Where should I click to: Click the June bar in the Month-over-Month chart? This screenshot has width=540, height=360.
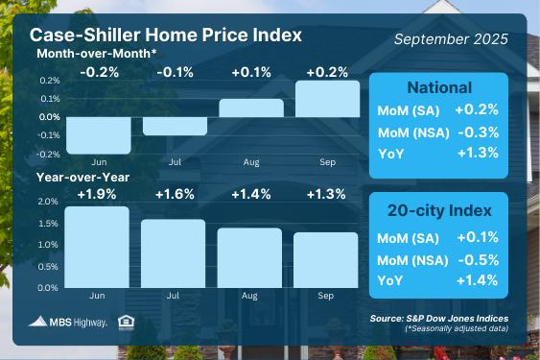coord(99,135)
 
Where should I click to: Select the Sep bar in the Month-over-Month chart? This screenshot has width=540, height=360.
coord(327,99)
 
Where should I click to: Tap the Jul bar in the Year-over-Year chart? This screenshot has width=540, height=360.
coord(174,253)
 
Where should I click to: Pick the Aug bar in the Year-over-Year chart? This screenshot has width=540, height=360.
coord(249,257)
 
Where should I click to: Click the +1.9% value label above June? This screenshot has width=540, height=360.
coord(97,194)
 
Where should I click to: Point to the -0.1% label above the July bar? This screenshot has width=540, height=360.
coord(175,72)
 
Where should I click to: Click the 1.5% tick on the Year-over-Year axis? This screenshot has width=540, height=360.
coord(48,224)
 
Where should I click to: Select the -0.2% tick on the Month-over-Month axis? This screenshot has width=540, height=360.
coord(48,155)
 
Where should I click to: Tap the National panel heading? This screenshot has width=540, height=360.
coord(439,87)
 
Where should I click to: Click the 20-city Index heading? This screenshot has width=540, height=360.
coord(439,210)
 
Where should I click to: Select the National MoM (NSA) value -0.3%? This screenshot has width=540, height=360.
coord(479,132)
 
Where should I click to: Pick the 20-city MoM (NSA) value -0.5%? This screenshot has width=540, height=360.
coord(479,260)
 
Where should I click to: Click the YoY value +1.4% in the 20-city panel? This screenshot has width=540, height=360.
coord(478,280)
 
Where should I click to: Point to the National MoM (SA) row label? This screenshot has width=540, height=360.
coord(409,111)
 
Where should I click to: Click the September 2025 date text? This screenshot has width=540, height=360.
coord(451,39)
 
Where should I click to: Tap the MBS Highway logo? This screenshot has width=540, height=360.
coord(67,322)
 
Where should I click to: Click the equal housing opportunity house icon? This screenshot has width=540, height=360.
coord(126,323)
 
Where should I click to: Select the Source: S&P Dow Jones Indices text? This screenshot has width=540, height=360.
coord(439,319)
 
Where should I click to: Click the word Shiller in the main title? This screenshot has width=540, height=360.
coord(112,35)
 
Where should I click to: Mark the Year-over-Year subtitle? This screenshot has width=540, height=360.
coord(83,178)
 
